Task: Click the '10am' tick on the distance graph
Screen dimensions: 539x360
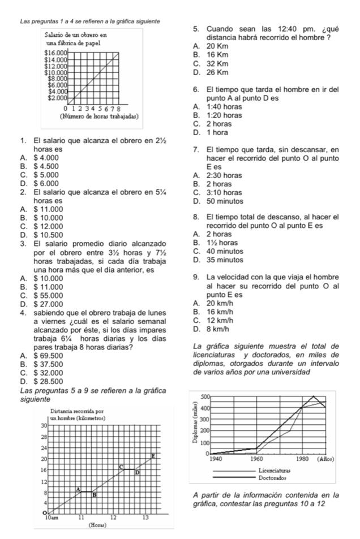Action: (50, 517)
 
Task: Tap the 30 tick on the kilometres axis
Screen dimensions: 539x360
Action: (42, 425)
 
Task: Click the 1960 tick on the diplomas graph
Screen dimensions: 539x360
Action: (259, 459)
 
